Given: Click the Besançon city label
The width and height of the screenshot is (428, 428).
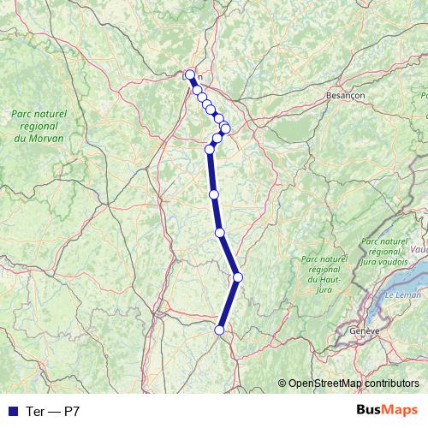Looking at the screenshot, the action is [346, 97].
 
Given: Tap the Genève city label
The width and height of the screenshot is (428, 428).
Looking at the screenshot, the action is [365, 330].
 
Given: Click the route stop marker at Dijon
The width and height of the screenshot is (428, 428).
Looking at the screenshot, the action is [190, 74].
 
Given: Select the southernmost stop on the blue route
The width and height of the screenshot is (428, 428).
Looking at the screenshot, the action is [220, 330].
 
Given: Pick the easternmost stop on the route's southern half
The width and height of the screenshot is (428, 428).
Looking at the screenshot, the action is [238, 276].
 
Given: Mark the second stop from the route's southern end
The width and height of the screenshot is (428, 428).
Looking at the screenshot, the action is [238, 276].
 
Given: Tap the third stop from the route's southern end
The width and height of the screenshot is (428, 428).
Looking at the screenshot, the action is [220, 232].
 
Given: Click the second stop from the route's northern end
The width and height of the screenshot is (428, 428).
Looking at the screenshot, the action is [197, 89].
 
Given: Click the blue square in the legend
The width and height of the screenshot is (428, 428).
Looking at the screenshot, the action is [12, 411].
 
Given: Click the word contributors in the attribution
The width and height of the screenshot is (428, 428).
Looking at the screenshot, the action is [389, 383].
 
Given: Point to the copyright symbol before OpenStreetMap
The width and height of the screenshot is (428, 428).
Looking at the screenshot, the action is [282, 383].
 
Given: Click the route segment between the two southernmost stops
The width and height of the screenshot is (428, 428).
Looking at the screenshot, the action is [229, 303].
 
